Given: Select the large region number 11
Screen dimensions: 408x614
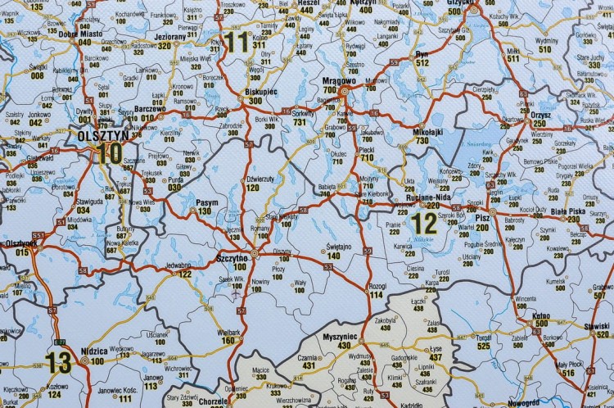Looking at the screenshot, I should [238, 42].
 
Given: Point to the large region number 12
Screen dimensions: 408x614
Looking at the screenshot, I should [424, 222].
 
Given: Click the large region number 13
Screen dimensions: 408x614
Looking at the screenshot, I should [58, 360].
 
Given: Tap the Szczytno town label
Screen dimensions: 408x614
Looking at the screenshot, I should [232, 257].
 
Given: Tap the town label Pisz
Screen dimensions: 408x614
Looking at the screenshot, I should [482, 219].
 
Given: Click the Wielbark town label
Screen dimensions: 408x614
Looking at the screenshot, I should [232, 331].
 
